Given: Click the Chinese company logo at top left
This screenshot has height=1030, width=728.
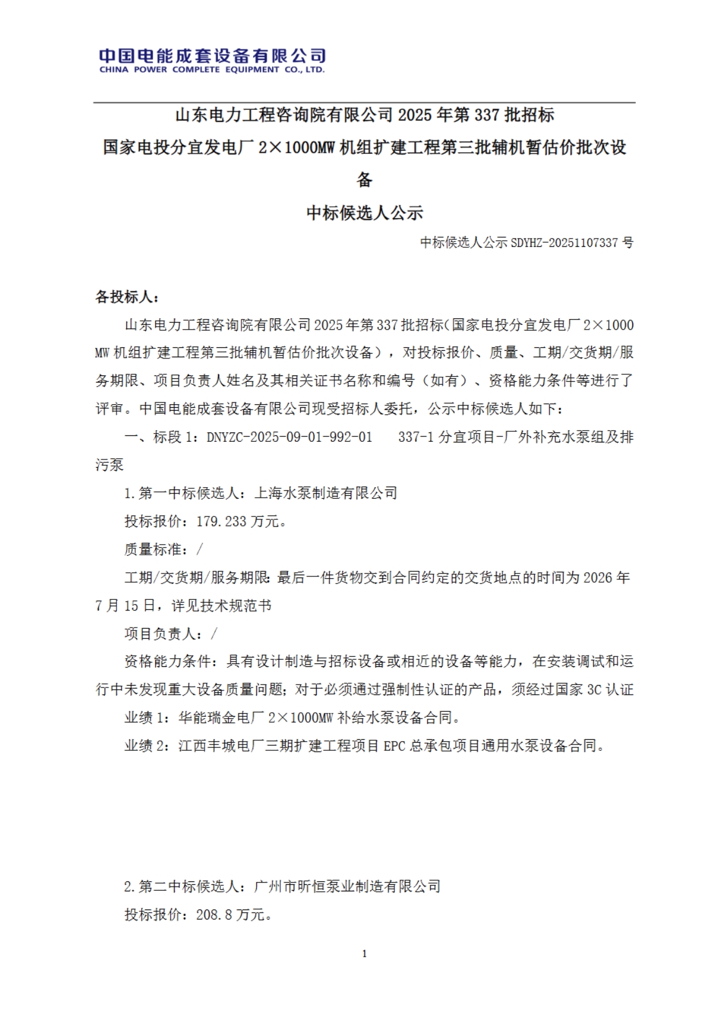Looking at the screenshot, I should (x=212, y=55).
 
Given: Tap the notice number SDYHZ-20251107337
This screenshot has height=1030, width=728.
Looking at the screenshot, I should (x=564, y=242).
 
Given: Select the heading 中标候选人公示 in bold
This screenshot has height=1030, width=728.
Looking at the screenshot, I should (x=364, y=213).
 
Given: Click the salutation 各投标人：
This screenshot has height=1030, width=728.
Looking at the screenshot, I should (x=127, y=297).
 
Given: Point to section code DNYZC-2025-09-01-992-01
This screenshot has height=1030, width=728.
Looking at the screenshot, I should (x=289, y=437).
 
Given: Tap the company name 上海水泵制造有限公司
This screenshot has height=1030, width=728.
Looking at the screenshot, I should (x=326, y=493).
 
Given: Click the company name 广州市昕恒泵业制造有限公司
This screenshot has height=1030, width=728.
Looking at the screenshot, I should (x=347, y=887).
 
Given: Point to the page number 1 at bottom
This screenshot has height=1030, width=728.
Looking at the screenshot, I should (x=364, y=954).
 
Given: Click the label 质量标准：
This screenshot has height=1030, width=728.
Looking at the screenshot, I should (x=160, y=549).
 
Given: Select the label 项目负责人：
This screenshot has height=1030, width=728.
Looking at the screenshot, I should (x=167, y=633).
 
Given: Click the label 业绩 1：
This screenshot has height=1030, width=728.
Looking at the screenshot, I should (x=146, y=717).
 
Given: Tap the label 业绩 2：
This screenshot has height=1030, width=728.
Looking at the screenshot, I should (x=146, y=746).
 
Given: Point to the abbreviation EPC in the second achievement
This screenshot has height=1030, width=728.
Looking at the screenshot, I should (x=394, y=746).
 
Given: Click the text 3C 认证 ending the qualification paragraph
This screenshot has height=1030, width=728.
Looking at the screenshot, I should (x=610, y=690).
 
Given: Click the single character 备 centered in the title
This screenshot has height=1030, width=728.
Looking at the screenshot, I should (x=364, y=180).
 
